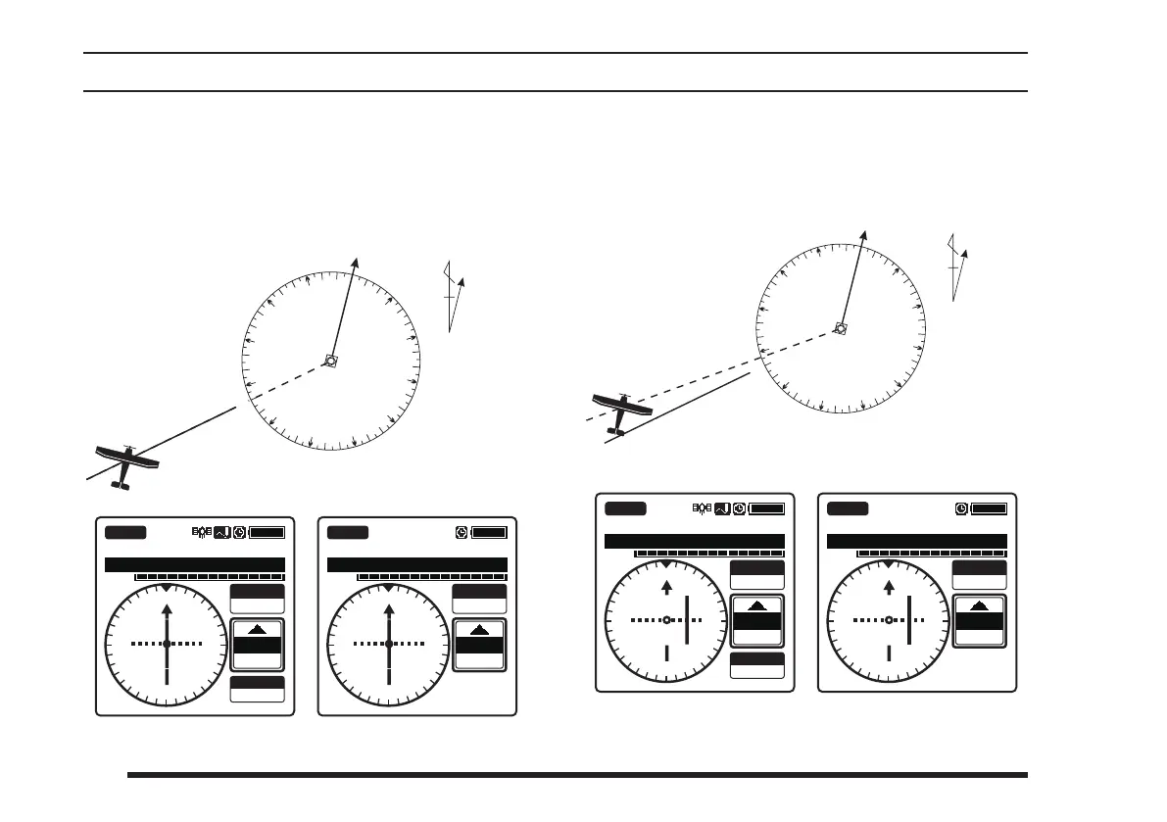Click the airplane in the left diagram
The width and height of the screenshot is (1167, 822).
pyautogui.click(x=125, y=462)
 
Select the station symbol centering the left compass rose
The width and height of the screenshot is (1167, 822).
pyautogui.click(x=330, y=361)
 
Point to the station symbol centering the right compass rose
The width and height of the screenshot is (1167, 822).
pyautogui.click(x=840, y=328)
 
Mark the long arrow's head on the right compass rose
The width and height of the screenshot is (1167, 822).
pyautogui.click(x=864, y=234)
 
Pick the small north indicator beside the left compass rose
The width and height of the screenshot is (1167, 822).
pyautogui.click(x=453, y=295)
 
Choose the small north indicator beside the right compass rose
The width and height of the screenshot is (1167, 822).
pyautogui.click(x=956, y=265)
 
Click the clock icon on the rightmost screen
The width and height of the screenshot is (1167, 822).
pyautogui.click(x=961, y=508)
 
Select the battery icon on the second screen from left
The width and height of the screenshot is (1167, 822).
pyautogui.click(x=490, y=532)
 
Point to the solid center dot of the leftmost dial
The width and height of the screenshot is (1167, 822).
pyautogui.click(x=167, y=644)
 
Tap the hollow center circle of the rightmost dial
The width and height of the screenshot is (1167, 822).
pyautogui.click(x=889, y=620)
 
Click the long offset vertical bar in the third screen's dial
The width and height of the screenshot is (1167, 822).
pyautogui.click(x=688, y=619)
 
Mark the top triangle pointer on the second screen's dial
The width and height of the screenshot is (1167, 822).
pyautogui.click(x=389, y=588)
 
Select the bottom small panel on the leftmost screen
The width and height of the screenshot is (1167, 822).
pyautogui.click(x=258, y=689)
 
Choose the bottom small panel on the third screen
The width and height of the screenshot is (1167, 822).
pyautogui.click(x=757, y=665)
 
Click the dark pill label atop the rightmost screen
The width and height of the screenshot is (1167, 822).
pyautogui.click(x=848, y=508)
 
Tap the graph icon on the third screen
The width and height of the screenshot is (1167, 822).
pyautogui.click(x=721, y=508)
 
